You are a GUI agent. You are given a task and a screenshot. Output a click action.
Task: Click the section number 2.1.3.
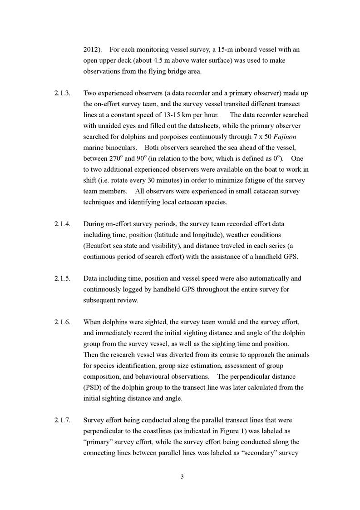62,93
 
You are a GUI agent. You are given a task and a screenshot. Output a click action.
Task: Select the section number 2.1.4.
62,224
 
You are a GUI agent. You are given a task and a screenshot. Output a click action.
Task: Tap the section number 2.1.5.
62,278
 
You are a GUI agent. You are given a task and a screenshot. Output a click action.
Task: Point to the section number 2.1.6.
62,322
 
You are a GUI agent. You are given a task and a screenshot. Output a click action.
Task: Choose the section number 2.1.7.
62,420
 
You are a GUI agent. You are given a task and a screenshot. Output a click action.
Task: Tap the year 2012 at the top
91,50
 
